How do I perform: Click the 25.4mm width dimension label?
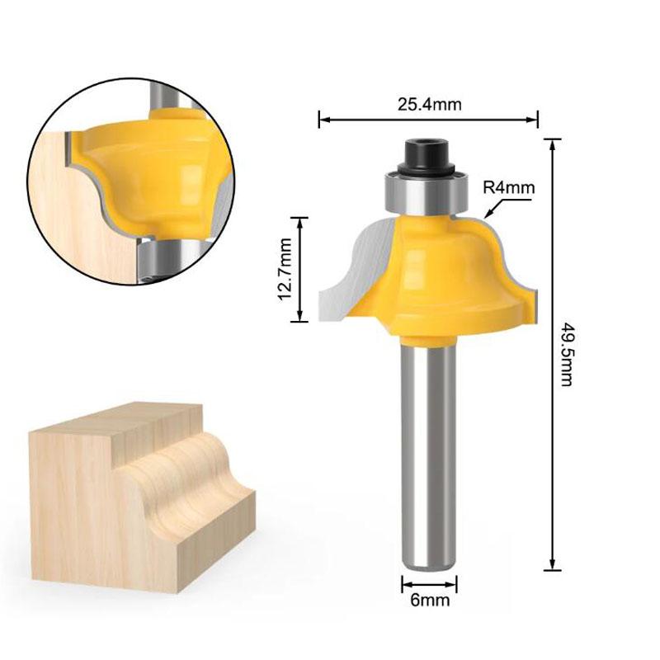(x=428, y=104)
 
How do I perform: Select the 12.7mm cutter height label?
(x=285, y=269)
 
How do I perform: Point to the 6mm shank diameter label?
(x=429, y=600)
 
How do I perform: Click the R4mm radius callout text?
(x=509, y=187)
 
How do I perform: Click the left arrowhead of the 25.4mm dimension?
(x=323, y=120)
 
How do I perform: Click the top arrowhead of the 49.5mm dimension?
(x=550, y=142)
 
